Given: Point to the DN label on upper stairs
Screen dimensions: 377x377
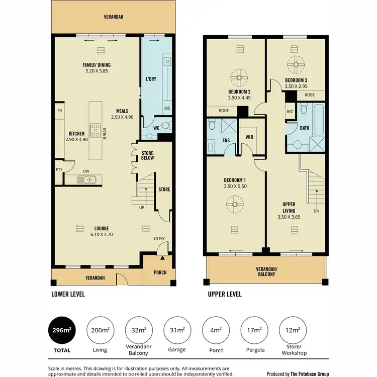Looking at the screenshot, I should (316, 211).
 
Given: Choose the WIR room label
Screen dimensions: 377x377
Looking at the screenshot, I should (249, 136).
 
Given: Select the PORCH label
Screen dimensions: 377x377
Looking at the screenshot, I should (158, 273).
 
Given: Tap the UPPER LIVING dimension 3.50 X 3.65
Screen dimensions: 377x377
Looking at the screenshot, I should (291, 217).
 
